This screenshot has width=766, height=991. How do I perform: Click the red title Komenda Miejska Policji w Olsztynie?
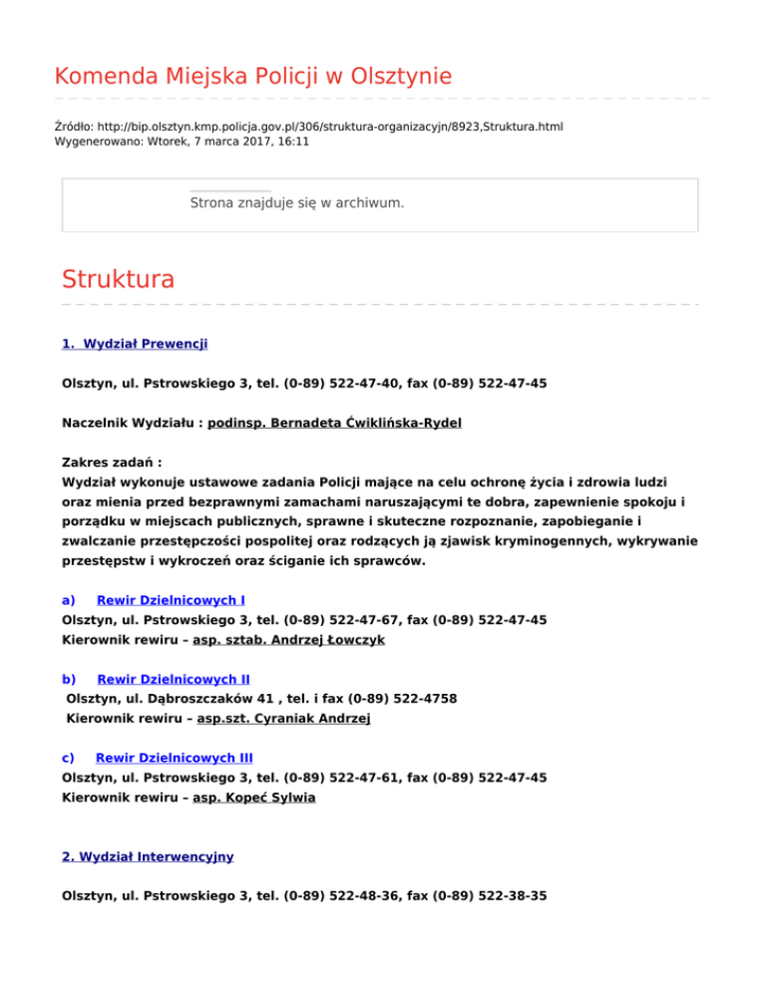click(x=252, y=76)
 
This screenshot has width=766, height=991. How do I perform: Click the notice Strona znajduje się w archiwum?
click(x=296, y=202)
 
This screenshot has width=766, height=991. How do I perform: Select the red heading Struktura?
click(x=118, y=278)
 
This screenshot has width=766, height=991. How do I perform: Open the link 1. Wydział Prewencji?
click(x=135, y=344)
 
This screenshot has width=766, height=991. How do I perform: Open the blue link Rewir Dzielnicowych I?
click(x=171, y=600)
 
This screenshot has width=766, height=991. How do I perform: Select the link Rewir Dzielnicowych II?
click(x=173, y=678)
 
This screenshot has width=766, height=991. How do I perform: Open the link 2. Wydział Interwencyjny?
click(x=148, y=856)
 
